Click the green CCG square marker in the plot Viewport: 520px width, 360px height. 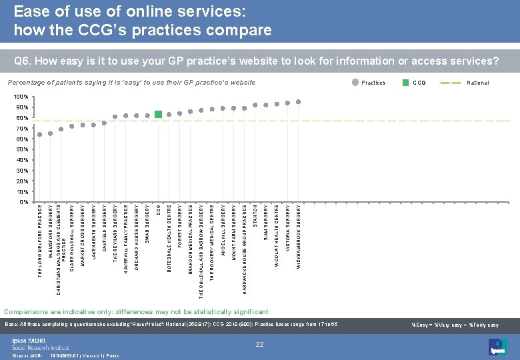158,115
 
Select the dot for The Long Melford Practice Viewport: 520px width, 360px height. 39,135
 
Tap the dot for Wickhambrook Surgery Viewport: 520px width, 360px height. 298,102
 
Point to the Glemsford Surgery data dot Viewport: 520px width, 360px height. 50,133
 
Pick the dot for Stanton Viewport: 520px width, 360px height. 255,105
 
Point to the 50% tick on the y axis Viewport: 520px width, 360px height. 22,149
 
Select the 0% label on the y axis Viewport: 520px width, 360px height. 24,201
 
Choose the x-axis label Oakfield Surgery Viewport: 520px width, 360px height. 105,233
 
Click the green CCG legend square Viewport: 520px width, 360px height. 405,83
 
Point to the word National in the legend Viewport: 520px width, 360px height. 478,83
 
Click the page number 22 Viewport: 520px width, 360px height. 260,344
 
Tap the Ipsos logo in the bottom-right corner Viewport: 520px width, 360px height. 499,346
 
